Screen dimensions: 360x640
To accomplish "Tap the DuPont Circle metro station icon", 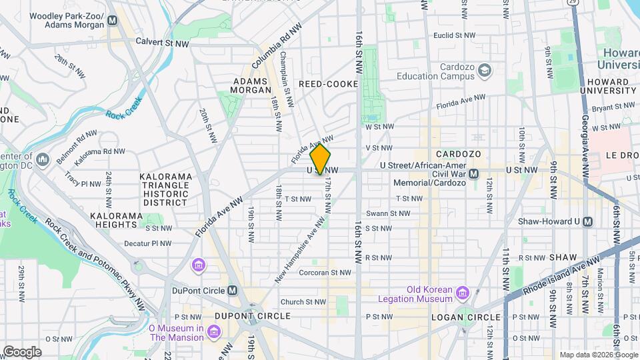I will (x=232, y=290).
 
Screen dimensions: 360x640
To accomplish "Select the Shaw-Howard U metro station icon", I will (x=587, y=221).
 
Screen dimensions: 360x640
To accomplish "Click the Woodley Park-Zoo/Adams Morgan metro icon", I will (x=113, y=20).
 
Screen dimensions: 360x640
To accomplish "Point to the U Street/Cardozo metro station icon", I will (x=473, y=173).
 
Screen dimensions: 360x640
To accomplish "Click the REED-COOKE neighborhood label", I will (x=328, y=84).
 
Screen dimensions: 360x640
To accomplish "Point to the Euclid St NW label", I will (x=454, y=35).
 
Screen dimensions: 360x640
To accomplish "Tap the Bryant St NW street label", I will (x=613, y=106).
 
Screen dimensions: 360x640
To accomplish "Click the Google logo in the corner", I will (x=21, y=352).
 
